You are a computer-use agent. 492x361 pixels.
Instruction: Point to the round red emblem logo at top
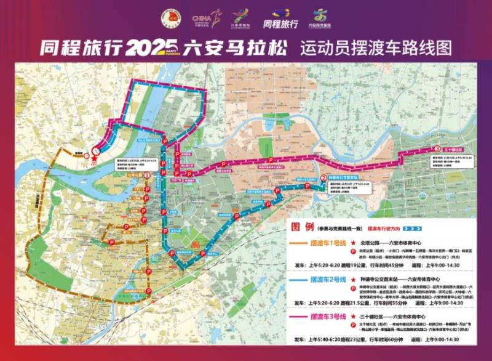pos(167,18)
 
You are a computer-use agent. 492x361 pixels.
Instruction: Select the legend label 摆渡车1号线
pos(323,243)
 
